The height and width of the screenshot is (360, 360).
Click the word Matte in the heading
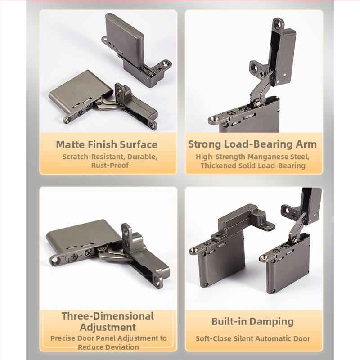pos(71,144)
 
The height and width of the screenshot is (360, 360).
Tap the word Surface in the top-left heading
pos(139,144)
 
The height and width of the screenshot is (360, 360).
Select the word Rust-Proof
pos(110,165)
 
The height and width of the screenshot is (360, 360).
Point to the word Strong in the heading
pos(205,144)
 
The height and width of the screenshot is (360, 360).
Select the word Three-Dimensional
pos(108,316)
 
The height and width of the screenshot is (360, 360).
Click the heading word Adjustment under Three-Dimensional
pos(108,327)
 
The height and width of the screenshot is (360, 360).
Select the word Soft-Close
pos(213,339)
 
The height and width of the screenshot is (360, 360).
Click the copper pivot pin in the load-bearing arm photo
pos(258,103)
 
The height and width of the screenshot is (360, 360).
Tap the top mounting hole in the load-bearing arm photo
pos(279,23)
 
